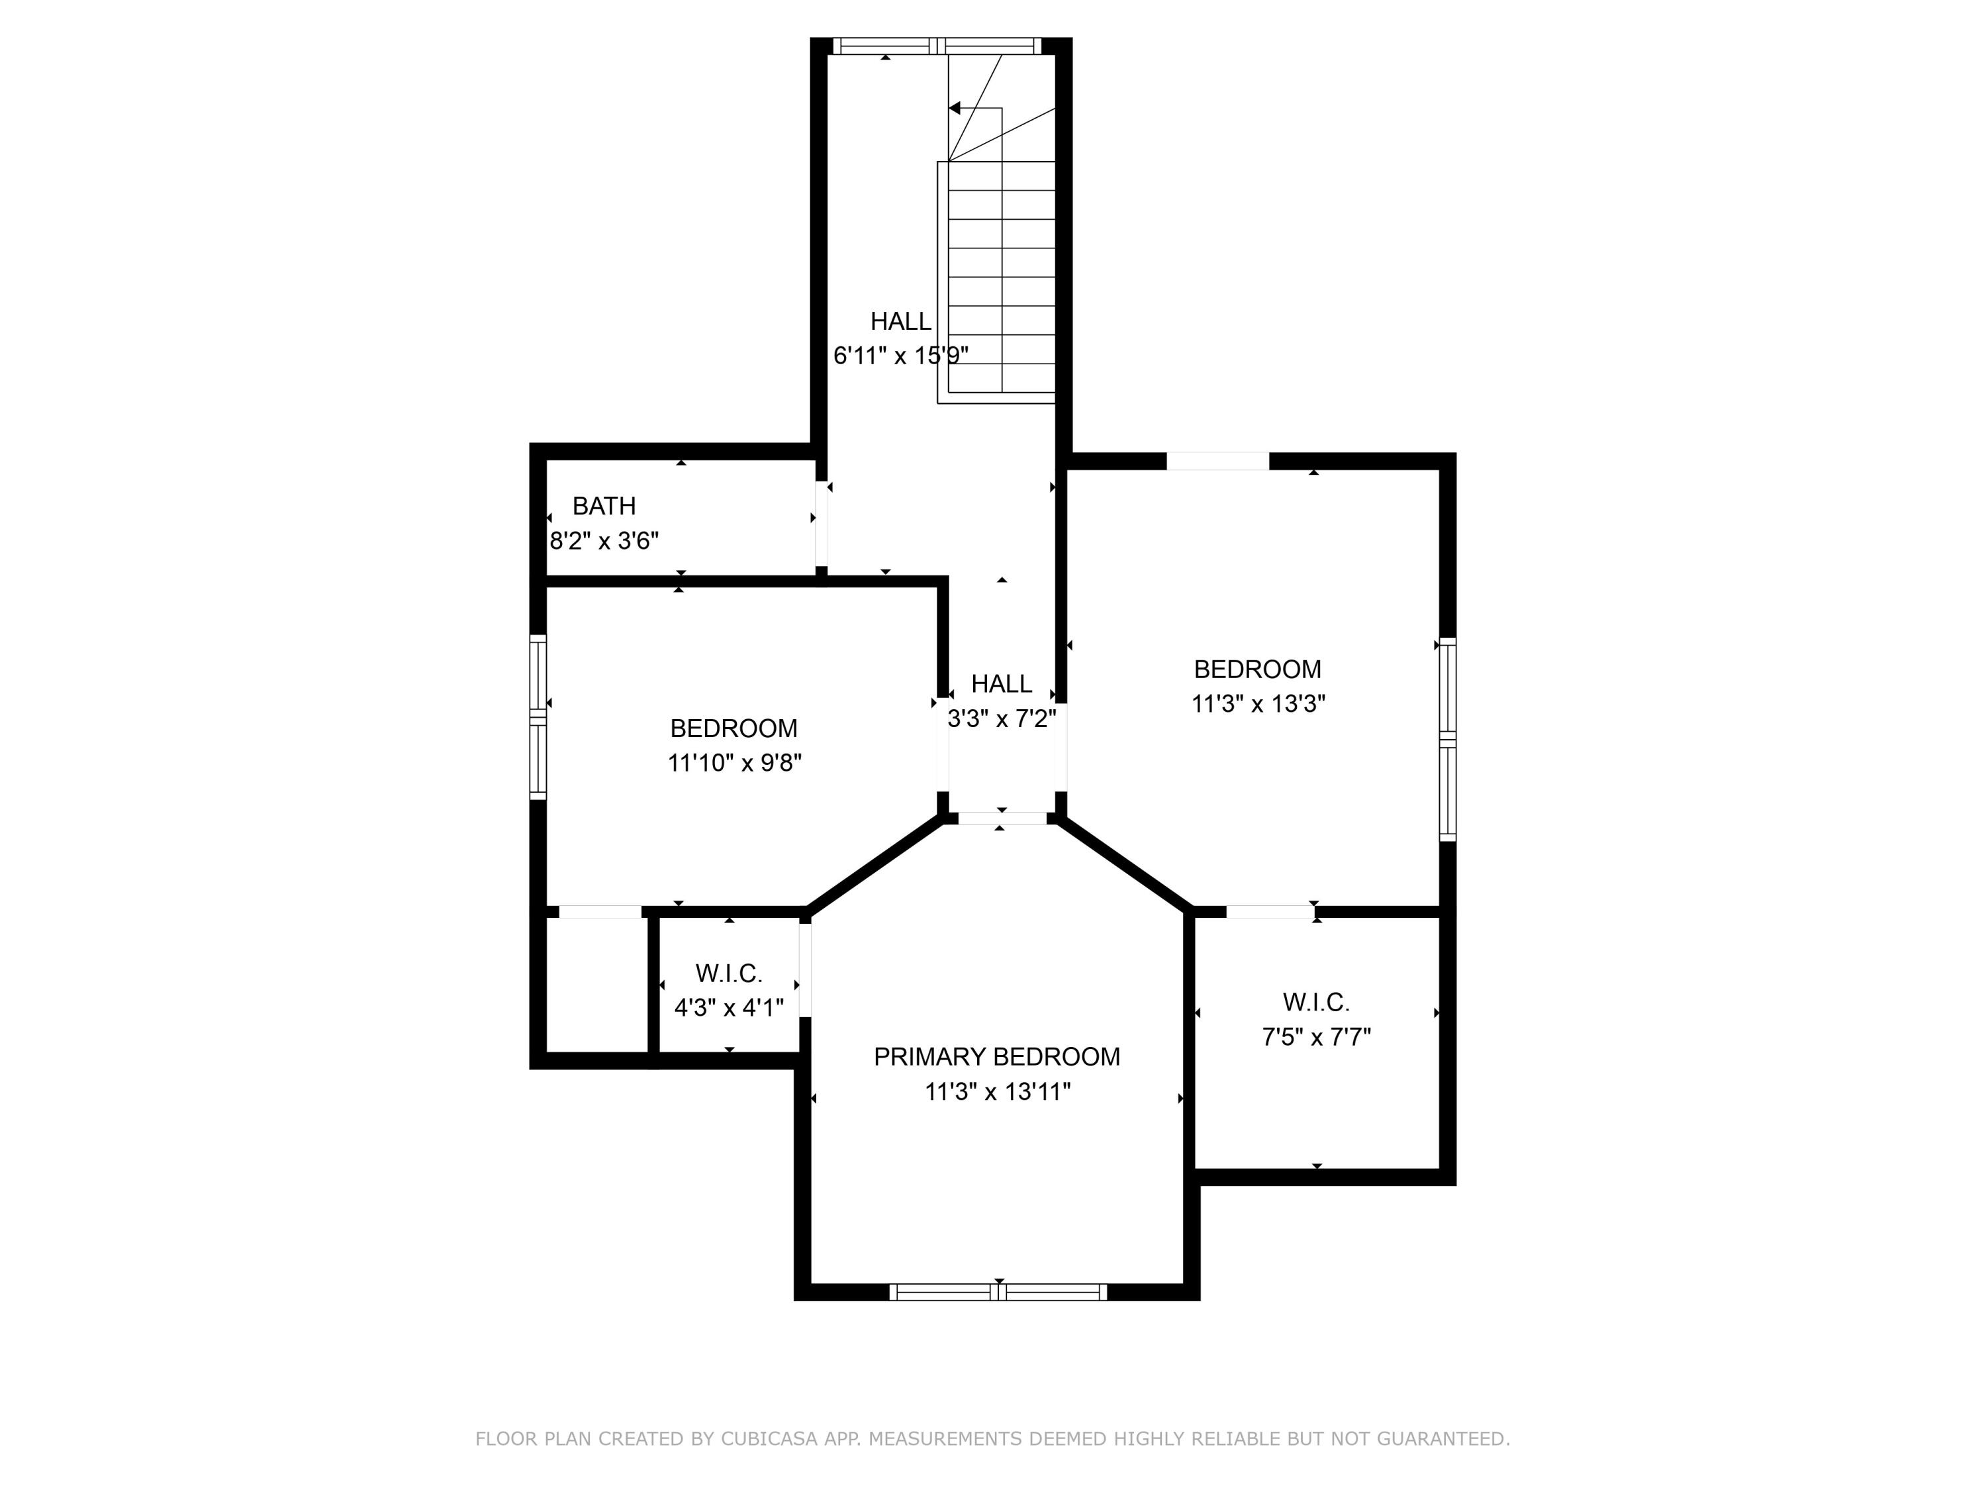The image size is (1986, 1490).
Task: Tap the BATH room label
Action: coord(604,507)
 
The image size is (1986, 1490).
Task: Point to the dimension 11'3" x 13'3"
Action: coord(1258,704)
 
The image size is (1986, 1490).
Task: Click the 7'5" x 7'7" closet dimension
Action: coord(1316,1037)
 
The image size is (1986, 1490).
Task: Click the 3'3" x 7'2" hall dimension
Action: coord(1002,719)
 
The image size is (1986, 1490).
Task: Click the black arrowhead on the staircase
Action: coord(955,108)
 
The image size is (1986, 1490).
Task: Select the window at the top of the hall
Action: coord(937,46)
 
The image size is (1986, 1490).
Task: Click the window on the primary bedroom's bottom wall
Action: coord(998,1293)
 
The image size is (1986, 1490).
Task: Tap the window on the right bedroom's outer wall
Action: coord(1447,739)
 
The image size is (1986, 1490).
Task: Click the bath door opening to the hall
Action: coord(822,525)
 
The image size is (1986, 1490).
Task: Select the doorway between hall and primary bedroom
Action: coord(1002,819)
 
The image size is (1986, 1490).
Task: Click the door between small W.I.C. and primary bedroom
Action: coord(806,970)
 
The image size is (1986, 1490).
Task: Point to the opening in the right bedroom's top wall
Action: coord(1217,462)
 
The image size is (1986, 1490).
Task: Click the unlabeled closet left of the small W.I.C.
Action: coord(597,983)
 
